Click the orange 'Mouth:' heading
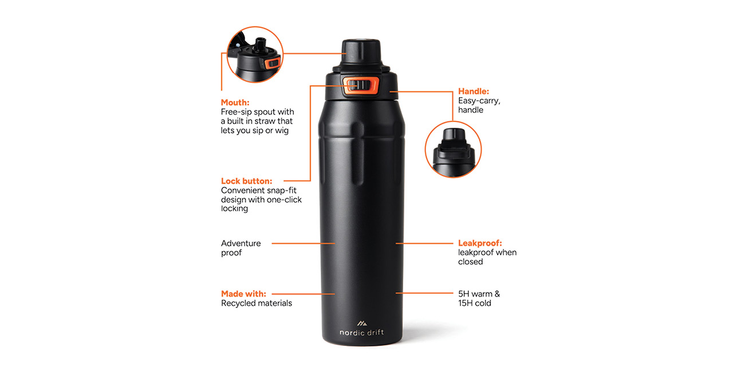(x=235, y=103)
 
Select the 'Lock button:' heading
(x=246, y=181)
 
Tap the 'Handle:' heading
(x=474, y=91)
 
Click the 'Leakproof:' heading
(x=480, y=243)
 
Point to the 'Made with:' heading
(x=243, y=294)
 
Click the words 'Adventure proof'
(x=241, y=248)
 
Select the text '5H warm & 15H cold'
(x=479, y=298)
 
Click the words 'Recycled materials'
(x=257, y=303)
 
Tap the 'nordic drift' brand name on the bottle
(x=361, y=333)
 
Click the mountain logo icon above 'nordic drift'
(x=361, y=324)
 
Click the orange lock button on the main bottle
(x=361, y=86)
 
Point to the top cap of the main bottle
(x=361, y=52)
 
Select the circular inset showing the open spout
(x=255, y=54)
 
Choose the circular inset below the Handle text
(x=453, y=149)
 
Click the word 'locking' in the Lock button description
(x=234, y=208)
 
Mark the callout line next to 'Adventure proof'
(x=304, y=243)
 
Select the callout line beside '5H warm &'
(x=424, y=293)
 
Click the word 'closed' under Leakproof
(x=470, y=262)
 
